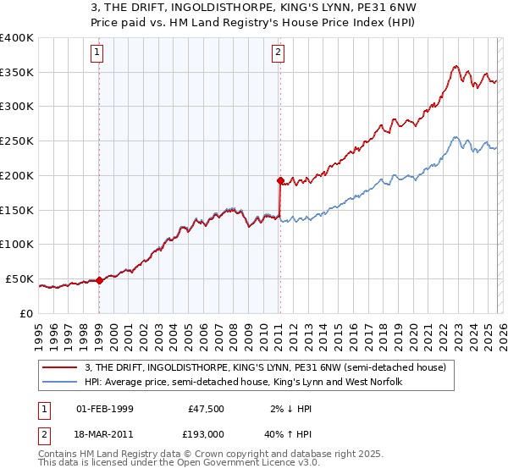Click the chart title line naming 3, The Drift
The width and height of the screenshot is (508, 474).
point(253,9)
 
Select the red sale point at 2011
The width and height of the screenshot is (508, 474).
point(279,180)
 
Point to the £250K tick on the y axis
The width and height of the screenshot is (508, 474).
point(17,141)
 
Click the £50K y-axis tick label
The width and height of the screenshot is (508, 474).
point(20,278)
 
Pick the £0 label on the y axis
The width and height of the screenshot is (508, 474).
point(29,313)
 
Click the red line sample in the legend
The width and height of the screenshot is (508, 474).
point(62,367)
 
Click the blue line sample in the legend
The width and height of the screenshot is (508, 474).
point(62,383)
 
